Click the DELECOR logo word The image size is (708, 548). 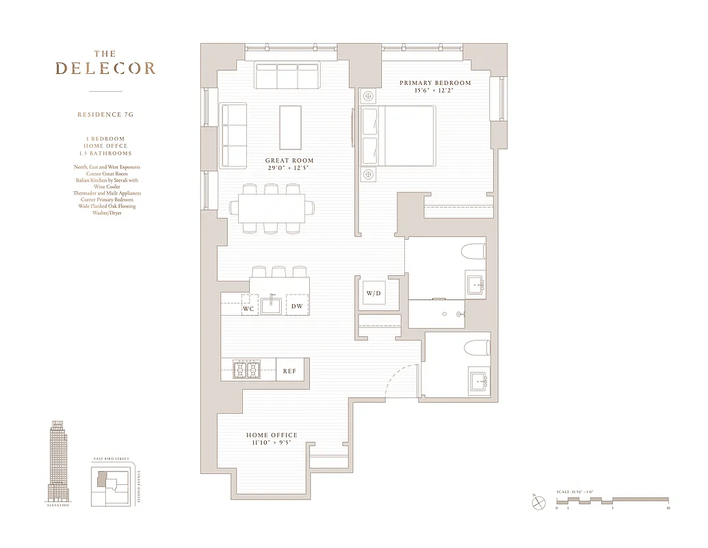pos(105,68)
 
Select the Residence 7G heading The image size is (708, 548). pos(105,114)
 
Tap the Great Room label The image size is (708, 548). pos(289,161)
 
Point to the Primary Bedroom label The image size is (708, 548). pos(435,83)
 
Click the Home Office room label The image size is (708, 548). pos(272,435)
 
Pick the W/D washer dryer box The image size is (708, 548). pos(373,294)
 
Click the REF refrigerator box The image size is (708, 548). pos(289,371)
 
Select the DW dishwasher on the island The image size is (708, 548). pos(297,306)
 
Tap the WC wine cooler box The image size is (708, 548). pos(249,309)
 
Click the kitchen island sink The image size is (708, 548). pos(272,305)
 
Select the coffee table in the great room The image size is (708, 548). pos(291,127)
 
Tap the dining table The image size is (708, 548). pos(272,208)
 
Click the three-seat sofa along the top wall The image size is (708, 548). pos(287,76)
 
